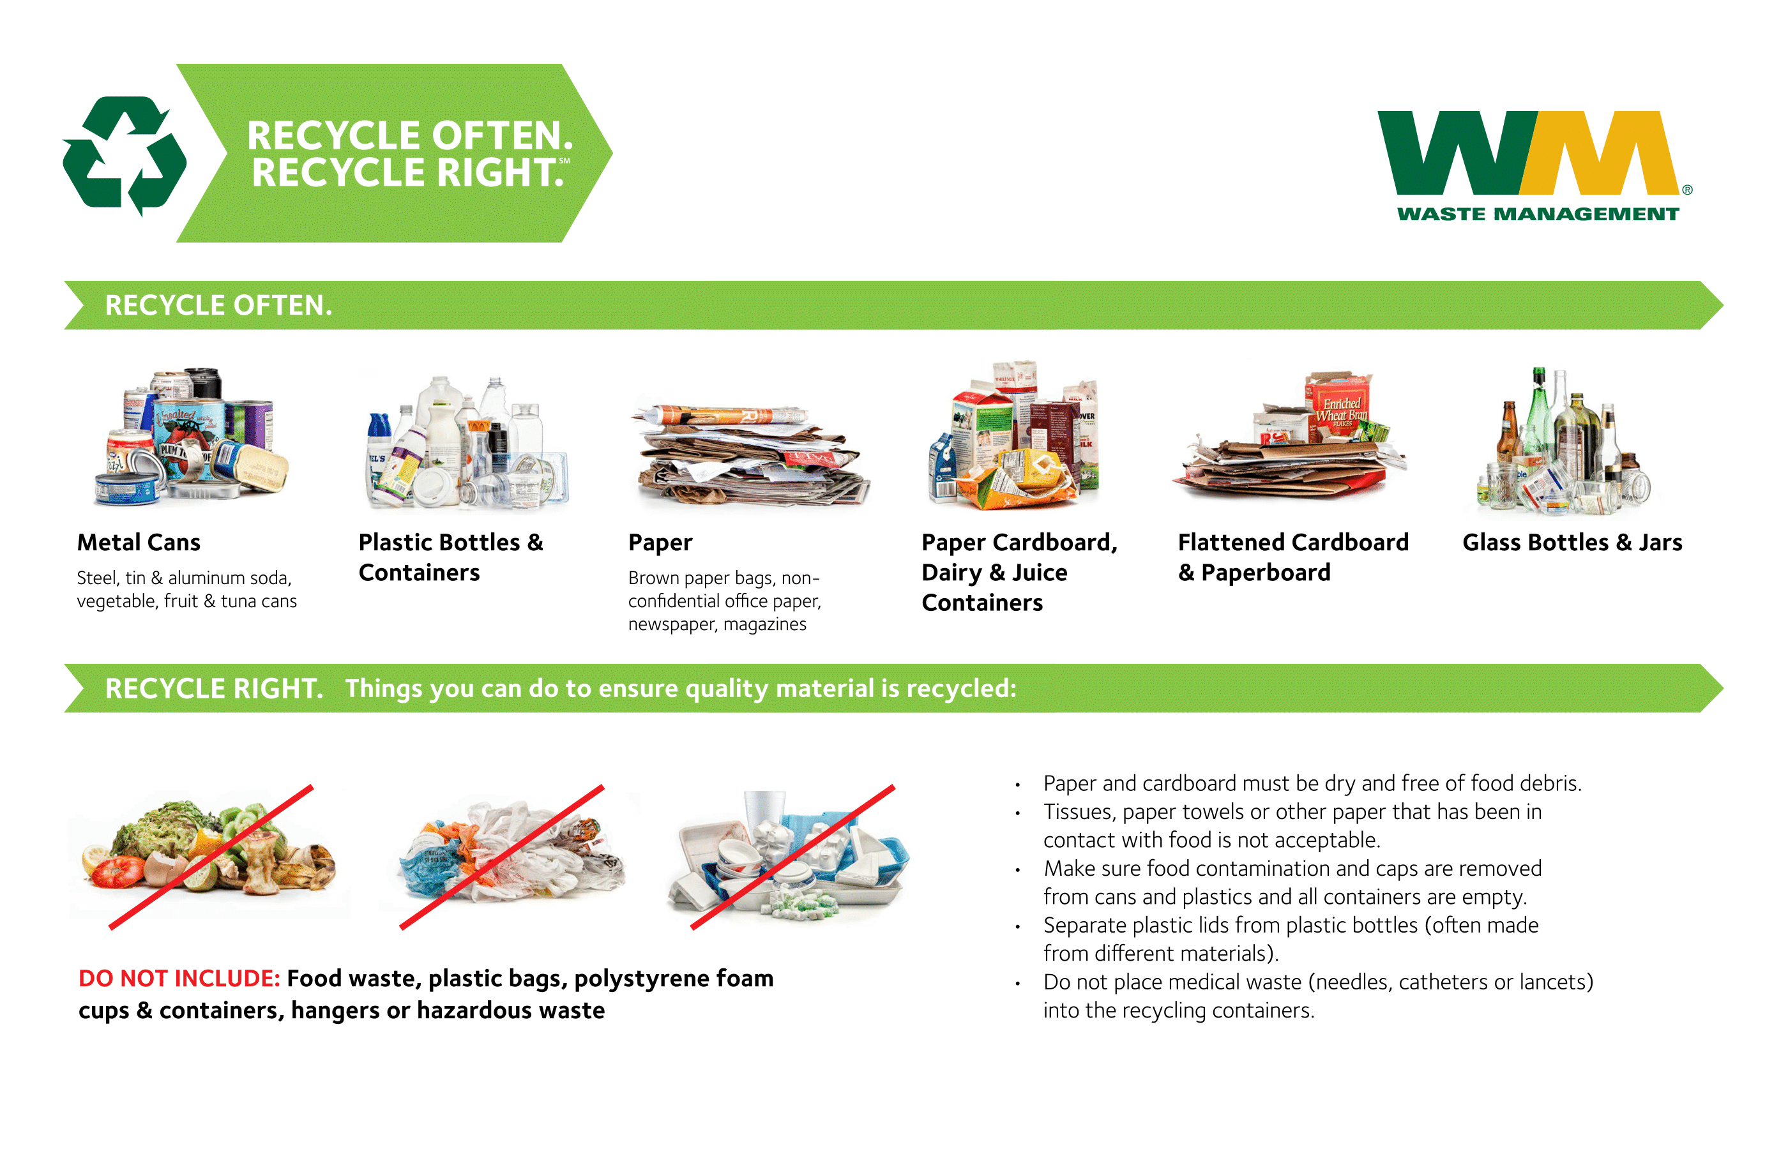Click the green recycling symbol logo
[x=124, y=155]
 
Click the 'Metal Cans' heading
[x=139, y=543]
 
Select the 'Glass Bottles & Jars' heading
[x=1572, y=543]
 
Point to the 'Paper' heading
[x=660, y=543]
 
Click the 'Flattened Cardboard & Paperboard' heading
[x=1292, y=557]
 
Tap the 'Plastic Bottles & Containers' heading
[x=450, y=557]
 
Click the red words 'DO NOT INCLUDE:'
[x=179, y=978]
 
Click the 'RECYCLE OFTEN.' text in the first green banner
[x=218, y=305]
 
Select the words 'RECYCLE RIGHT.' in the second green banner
[x=213, y=689]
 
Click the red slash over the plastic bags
[x=501, y=857]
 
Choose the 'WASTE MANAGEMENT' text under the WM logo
[x=1537, y=214]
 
